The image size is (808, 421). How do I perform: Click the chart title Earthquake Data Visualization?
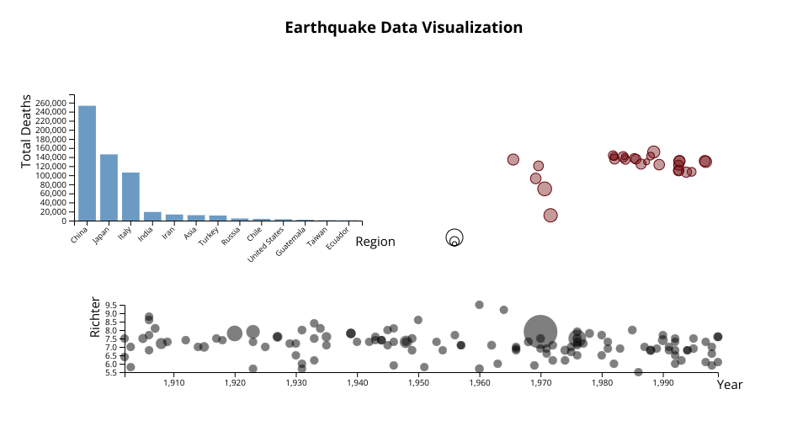tap(403, 27)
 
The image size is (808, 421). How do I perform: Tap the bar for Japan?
tap(109, 187)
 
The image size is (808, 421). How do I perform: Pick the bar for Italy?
tap(130, 196)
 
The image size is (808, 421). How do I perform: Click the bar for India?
tap(152, 216)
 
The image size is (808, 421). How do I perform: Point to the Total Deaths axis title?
tap(26, 131)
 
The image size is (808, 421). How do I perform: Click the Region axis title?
tap(375, 242)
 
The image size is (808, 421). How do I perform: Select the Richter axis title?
tap(95, 317)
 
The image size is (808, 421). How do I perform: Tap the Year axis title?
tap(730, 384)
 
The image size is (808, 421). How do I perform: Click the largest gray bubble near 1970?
tap(540, 332)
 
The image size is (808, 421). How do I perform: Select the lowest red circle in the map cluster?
tap(550, 216)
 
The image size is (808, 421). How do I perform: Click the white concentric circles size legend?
tap(454, 238)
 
